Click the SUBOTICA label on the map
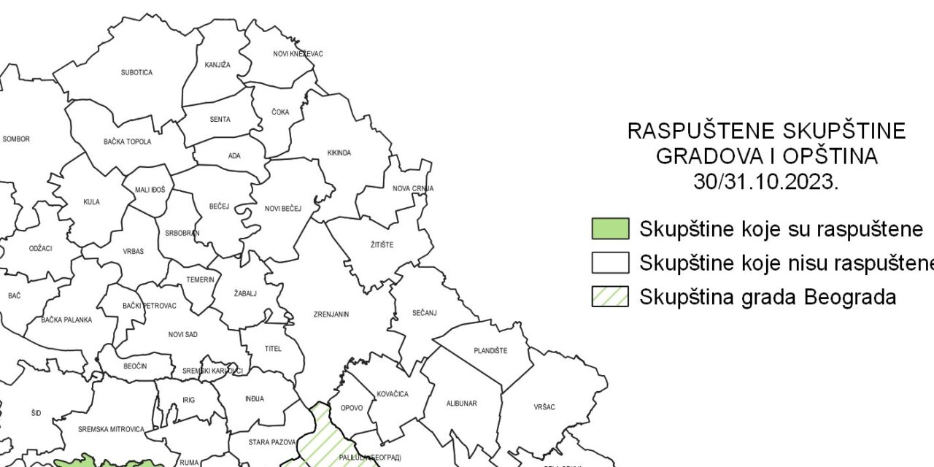[x=136, y=73]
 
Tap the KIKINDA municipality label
[x=339, y=153]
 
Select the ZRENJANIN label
[x=331, y=314]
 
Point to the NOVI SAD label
[x=182, y=335]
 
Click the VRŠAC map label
[x=544, y=407]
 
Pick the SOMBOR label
[x=16, y=139]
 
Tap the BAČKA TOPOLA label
[x=128, y=142]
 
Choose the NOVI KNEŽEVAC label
[x=298, y=54]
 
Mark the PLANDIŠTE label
[x=490, y=351]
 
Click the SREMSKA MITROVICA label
[x=111, y=430]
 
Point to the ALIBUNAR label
[x=461, y=404]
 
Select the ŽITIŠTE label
[x=381, y=245]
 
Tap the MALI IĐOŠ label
[x=150, y=190]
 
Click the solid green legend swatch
[x=610, y=229]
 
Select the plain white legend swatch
[x=610, y=263]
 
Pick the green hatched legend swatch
[x=610, y=296]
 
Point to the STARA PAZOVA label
[x=271, y=442]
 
